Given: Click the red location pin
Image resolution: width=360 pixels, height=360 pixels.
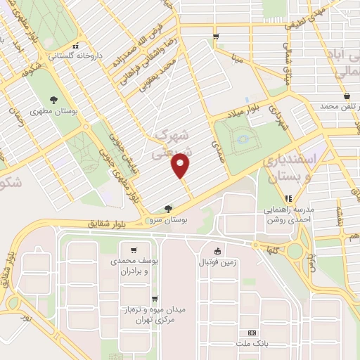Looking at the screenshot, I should click(x=181, y=166).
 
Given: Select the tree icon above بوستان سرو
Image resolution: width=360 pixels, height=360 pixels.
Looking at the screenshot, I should click(x=167, y=208).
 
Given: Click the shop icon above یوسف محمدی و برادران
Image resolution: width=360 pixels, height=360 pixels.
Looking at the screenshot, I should click(x=133, y=249).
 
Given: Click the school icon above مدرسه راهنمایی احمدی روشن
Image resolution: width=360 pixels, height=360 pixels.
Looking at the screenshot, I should click(x=288, y=198).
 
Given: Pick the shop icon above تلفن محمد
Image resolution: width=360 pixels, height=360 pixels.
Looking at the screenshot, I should click(x=347, y=96).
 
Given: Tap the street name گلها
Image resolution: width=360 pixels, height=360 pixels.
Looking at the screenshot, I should click(x=276, y=248).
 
